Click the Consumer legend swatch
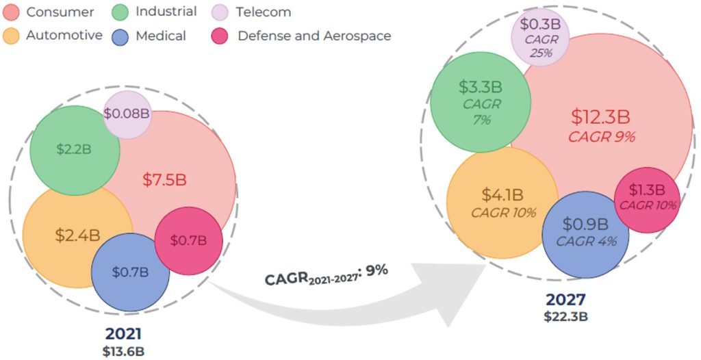13,12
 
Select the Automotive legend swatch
13,35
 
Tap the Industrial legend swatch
120,12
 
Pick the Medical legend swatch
120,35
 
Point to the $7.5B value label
164,180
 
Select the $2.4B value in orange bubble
77,235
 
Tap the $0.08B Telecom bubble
127,113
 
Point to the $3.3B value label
481,87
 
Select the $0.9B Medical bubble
585,233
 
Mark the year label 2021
123,335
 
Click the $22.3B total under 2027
565,316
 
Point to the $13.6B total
123,351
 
